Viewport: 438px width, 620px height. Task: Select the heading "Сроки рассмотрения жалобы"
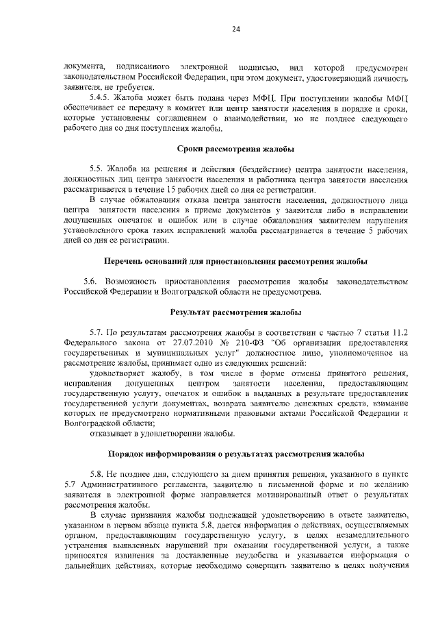coord(235,149)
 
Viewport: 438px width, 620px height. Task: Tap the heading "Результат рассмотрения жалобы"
coord(235,312)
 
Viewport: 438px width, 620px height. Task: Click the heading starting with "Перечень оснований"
coord(235,261)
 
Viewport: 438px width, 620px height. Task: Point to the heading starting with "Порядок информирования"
coord(235,454)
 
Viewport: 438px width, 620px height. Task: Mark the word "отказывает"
coord(112,433)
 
